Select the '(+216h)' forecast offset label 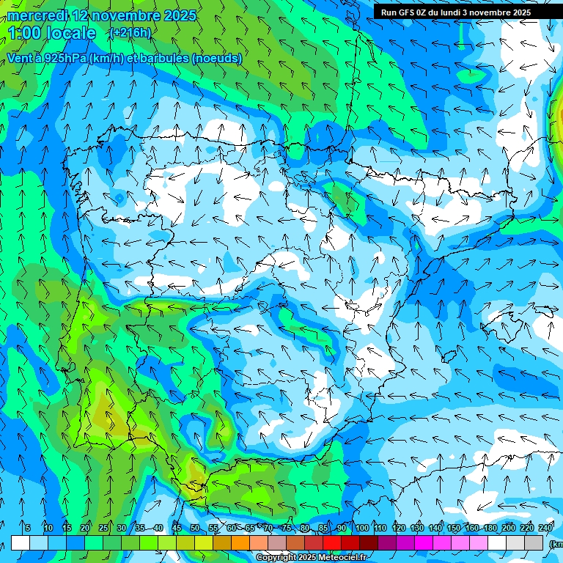pos(130,33)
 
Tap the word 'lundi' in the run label pos(461,12)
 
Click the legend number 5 pos(28,528)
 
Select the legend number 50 pos(195,528)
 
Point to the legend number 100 pos(362,528)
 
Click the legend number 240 pos(545,528)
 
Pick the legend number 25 pos(103,528)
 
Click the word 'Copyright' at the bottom pos(276,558)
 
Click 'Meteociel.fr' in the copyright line pos(342,558)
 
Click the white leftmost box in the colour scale pos(21,543)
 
